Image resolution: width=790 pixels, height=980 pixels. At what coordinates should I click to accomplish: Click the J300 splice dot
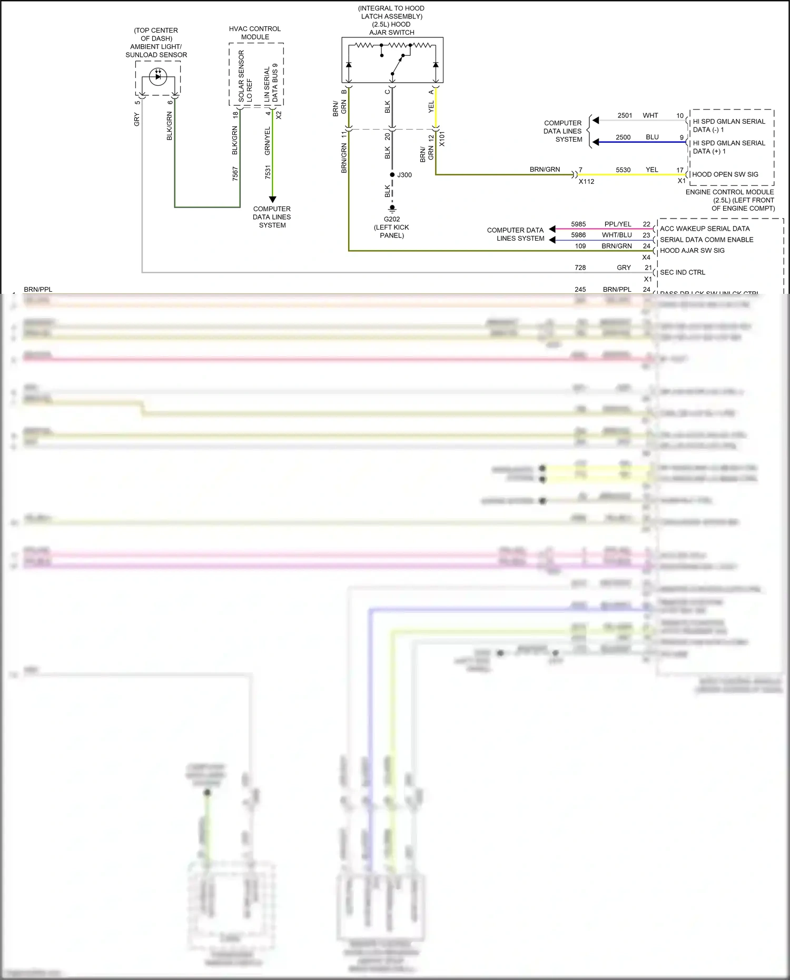[392, 175]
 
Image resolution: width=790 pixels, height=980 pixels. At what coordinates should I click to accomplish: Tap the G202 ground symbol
[392, 209]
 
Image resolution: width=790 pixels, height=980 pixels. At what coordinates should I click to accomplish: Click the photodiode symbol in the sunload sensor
[158, 77]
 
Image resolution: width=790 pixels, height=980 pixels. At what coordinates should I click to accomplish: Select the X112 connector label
[586, 182]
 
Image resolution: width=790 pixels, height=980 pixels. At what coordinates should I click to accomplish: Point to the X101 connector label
[442, 138]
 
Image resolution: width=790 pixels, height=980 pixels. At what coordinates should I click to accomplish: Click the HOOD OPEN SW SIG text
[725, 174]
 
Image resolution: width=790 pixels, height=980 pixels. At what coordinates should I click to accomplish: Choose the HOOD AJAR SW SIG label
[692, 251]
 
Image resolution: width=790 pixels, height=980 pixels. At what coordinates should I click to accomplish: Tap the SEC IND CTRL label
[683, 272]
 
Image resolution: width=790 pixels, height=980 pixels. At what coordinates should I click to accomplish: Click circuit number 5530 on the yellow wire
[623, 170]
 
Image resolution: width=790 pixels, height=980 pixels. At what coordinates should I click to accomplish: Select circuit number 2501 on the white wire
[625, 115]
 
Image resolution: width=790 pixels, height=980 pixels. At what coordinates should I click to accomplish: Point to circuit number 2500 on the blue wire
[623, 137]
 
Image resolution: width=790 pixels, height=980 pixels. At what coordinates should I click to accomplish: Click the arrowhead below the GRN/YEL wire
[272, 200]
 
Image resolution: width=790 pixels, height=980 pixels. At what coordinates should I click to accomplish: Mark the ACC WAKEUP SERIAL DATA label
[705, 229]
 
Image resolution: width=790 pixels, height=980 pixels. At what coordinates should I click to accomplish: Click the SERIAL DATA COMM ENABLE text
[706, 240]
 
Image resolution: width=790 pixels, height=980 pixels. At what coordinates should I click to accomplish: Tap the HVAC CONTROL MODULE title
[255, 33]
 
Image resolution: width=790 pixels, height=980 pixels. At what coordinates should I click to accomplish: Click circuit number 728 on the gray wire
[580, 268]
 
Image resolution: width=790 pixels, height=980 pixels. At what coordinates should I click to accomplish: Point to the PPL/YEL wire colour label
[618, 224]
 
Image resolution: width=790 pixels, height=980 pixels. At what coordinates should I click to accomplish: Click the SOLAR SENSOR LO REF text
[245, 76]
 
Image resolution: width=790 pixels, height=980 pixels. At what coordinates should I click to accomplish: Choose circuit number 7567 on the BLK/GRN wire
[235, 173]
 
